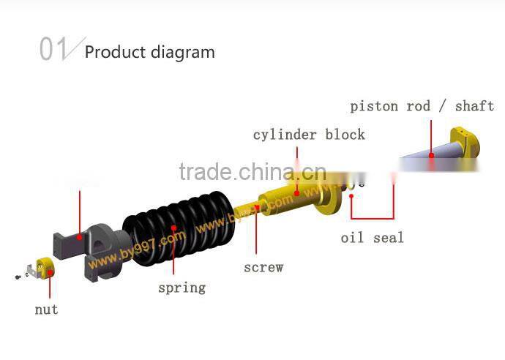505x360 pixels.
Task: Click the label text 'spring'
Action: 182,288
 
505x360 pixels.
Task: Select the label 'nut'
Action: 46,310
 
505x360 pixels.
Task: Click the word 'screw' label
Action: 263,267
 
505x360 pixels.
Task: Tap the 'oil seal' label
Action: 372,238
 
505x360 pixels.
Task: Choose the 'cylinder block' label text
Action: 308,135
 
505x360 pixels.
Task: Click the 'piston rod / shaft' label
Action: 422,106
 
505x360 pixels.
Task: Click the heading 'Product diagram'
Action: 150,52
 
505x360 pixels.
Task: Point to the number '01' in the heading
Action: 53,50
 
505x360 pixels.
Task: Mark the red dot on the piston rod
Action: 432,154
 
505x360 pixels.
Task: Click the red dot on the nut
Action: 50,273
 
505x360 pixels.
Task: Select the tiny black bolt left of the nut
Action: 17,277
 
